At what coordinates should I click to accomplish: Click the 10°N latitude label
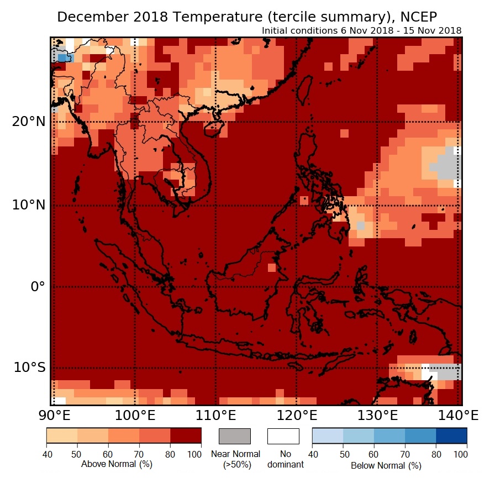27,205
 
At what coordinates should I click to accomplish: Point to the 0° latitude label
36,287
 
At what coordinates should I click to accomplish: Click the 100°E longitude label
134,415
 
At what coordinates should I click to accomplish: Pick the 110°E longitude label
215,415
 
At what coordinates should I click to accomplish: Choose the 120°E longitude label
297,415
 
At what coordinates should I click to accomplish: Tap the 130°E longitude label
379,415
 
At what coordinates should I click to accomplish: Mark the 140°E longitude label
460,415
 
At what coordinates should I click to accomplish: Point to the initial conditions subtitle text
361,30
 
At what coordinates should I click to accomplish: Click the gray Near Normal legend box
235,436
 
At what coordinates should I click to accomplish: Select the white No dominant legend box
283,436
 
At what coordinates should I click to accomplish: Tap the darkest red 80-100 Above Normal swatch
186,436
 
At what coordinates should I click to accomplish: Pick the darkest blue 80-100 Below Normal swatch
451,436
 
